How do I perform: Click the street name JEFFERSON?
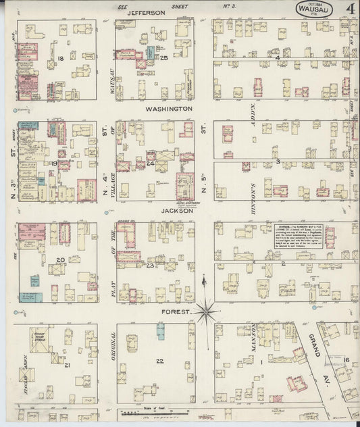tap(146, 12)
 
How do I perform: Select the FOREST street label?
tap(174, 312)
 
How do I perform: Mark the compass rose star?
tap(206, 311)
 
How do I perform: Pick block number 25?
tap(163, 58)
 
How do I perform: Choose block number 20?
tap(60, 260)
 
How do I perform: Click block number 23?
tap(149, 266)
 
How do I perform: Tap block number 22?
tap(159, 361)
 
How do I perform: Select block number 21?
tap(67, 365)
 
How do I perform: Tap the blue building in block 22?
tap(161, 331)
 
